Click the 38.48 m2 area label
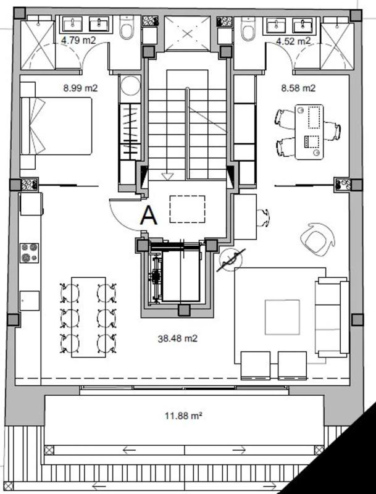tap(178, 338)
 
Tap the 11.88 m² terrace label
tap(183, 416)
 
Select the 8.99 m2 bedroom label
tap(80, 88)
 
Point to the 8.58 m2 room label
tap(298, 88)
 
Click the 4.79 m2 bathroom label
tap(78, 40)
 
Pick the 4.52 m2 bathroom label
tap(293, 41)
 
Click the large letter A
tap(149, 216)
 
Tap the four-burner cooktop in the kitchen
tap(29, 253)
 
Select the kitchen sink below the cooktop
tap(29, 301)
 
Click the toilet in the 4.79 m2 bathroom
tap(127, 28)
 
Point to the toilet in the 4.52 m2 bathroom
tap(248, 28)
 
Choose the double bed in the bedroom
tap(56, 126)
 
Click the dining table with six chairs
tap(88, 317)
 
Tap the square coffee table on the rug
tap(282, 317)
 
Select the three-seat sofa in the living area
tap(332, 317)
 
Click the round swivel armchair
tap(317, 239)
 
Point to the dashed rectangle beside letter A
tap(187, 209)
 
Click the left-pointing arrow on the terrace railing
tap(129, 450)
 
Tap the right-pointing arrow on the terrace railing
tap(239, 450)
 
